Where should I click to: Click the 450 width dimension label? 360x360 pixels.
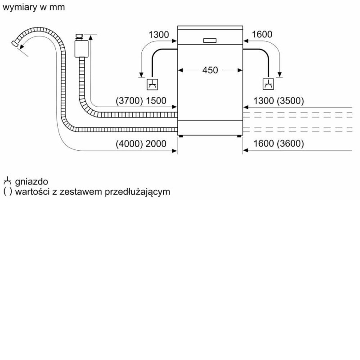tap(210, 70)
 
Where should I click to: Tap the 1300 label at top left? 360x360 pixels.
tap(159, 35)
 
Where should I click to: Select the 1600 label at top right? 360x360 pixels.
tap(262, 35)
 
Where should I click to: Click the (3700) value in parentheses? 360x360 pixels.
tap(129, 101)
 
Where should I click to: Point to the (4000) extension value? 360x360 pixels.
tap(129, 144)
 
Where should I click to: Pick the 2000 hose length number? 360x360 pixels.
tap(156, 144)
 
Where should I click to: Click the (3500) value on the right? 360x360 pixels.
tap(290, 101)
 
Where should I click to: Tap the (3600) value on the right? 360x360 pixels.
tap(290, 144)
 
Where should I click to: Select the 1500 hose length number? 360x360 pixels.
tap(156, 101)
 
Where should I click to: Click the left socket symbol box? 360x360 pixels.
tap(152, 85)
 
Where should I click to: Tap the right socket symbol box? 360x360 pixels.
tap(268, 84)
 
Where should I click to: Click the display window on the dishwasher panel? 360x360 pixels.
tap(210, 40)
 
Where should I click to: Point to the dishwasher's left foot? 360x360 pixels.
tap(181, 136)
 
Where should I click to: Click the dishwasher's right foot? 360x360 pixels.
tap(239, 136)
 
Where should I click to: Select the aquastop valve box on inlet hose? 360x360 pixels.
tap(81, 49)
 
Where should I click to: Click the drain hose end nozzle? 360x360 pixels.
tap(15, 44)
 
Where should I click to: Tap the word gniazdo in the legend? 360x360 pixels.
tap(31, 182)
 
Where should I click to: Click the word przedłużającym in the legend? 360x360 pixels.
tap(137, 192)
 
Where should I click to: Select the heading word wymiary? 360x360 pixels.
tap(20, 7)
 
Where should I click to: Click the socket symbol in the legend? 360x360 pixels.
tap(7, 181)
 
